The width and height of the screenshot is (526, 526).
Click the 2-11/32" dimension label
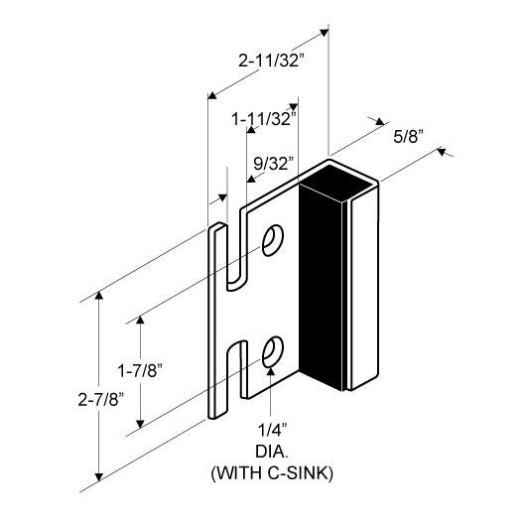[271, 61]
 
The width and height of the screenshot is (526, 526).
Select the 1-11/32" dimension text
[264, 119]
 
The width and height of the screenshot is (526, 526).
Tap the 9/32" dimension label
[273, 164]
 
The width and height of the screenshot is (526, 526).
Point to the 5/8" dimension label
[408, 137]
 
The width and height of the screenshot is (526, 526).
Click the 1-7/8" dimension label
[140, 371]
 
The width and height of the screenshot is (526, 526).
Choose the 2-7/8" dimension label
[100, 400]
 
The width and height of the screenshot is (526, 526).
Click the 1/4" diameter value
[272, 430]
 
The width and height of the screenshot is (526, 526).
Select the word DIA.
[272, 452]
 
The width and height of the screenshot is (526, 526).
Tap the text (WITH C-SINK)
[272, 473]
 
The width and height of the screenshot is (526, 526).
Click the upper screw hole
[272, 240]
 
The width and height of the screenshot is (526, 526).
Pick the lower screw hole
[272, 351]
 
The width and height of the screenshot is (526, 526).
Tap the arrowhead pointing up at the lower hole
[271, 371]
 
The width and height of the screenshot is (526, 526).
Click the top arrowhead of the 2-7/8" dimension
[99, 295]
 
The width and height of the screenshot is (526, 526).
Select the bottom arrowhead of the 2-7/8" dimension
[99, 476]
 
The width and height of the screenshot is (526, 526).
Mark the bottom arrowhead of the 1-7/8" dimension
[140, 424]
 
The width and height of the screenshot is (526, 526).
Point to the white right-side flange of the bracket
[364, 292]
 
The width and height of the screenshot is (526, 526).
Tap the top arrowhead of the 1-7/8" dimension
[140, 320]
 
